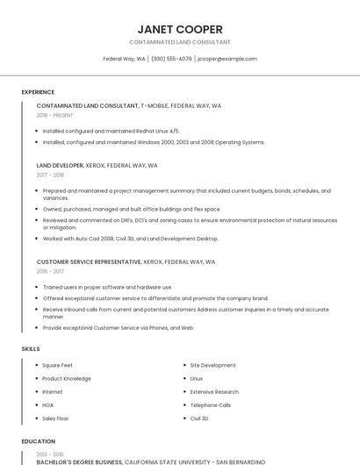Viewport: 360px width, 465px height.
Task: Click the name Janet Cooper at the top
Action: [180, 29]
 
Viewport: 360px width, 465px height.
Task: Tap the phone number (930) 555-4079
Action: [171, 59]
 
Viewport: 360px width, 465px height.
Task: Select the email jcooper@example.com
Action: [227, 59]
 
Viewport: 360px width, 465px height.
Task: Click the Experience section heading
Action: [38, 92]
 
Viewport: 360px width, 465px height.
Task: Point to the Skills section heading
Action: [31, 349]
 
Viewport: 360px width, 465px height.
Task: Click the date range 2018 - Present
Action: [54, 115]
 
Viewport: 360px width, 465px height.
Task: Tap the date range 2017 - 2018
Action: [50, 175]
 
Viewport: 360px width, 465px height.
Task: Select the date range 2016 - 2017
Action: [50, 271]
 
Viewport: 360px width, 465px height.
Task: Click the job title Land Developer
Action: [60, 165]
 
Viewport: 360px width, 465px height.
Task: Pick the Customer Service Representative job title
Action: [88, 261]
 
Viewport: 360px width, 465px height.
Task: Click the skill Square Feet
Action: [57, 365]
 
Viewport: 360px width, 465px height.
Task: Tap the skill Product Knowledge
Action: [66, 378]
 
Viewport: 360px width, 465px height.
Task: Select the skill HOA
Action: [47, 405]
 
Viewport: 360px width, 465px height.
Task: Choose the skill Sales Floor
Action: [55, 418]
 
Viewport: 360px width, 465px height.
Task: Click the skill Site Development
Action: [212, 365]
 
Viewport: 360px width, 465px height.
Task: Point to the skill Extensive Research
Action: [214, 391]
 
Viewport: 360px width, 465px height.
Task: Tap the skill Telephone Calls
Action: [211, 405]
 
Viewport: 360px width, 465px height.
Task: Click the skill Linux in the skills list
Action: [197, 378]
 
